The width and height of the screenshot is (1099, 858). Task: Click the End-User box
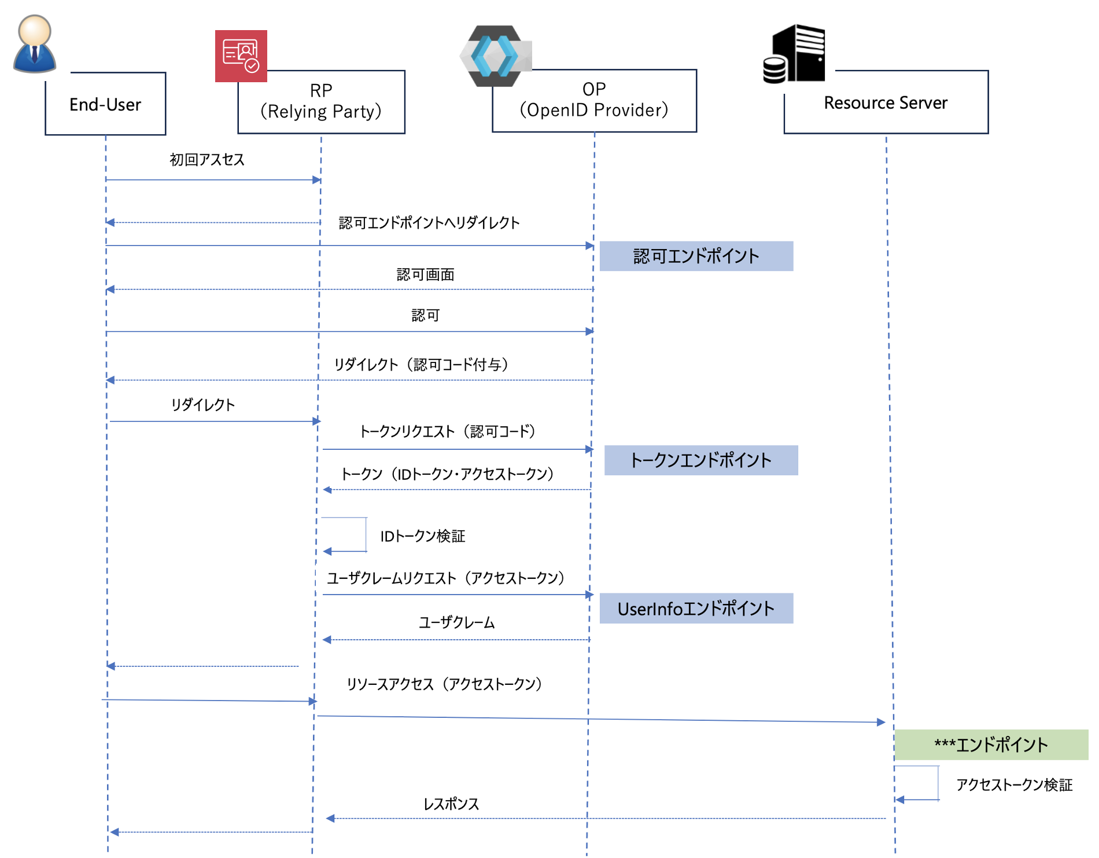pyautogui.click(x=105, y=104)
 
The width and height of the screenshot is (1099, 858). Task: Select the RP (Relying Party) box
pyautogui.click(x=321, y=101)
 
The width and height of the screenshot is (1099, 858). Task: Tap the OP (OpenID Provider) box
pyautogui.click(x=594, y=100)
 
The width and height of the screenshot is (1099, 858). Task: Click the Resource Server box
pyautogui.click(x=886, y=102)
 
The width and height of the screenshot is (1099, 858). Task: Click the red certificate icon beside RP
pyautogui.click(x=241, y=56)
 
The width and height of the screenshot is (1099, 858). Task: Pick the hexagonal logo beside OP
pyautogui.click(x=495, y=56)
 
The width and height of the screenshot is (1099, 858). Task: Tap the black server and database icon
pyautogui.click(x=795, y=54)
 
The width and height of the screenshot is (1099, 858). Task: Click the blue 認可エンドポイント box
pyautogui.click(x=696, y=256)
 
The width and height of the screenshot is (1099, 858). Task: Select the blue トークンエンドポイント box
pyautogui.click(x=700, y=460)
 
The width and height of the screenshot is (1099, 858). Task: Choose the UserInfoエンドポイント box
pyautogui.click(x=696, y=608)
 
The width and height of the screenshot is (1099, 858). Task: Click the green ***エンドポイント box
pyautogui.click(x=991, y=745)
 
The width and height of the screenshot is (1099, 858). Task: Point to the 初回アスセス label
pyautogui.click(x=207, y=160)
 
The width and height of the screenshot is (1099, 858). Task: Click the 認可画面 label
pyautogui.click(x=426, y=274)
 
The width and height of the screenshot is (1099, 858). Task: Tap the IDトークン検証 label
pyautogui.click(x=423, y=536)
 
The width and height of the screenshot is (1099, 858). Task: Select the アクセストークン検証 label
pyautogui.click(x=1014, y=784)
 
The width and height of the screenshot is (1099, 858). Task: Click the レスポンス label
pyautogui.click(x=451, y=804)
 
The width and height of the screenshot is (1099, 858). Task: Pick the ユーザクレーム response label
pyautogui.click(x=457, y=622)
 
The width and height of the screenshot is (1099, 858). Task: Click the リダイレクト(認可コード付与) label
pyautogui.click(x=421, y=364)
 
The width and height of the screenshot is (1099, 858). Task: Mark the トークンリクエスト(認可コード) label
pyautogui.click(x=447, y=431)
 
